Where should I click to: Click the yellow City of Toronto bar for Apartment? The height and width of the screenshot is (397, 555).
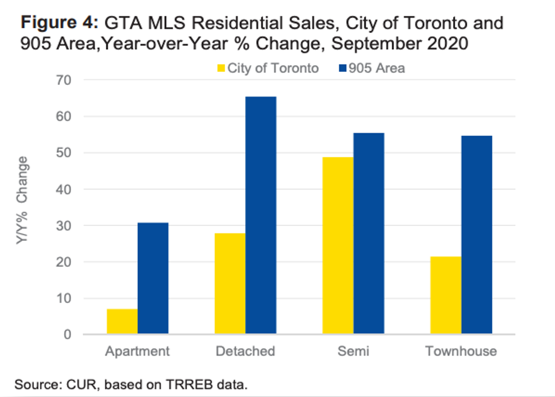coord(122,322)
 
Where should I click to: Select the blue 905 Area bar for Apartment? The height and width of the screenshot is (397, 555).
coord(153,279)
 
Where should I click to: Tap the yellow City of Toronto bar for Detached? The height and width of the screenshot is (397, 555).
coord(230,284)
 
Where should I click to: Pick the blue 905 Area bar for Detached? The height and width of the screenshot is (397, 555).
coord(261,216)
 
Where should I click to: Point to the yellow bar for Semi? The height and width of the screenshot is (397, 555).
coord(338,246)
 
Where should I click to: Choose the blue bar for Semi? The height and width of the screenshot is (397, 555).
coord(369,234)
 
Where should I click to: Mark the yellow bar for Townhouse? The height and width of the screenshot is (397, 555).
coord(446,296)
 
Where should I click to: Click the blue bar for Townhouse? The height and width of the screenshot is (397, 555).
coord(477,235)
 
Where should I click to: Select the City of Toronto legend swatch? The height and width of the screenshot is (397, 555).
coord(221,69)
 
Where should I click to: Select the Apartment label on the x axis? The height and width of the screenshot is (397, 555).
coord(137,352)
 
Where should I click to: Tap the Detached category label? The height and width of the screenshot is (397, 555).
coord(245,352)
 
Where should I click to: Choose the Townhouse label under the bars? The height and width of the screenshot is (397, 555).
coord(461,352)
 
